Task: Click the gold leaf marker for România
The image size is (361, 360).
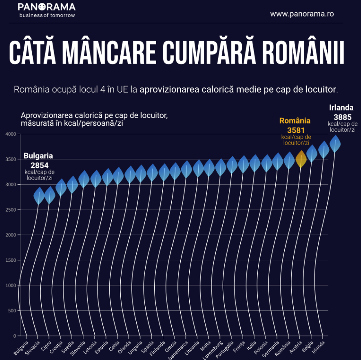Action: click(x=301, y=159)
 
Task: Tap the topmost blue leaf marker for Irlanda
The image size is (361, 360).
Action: click(x=335, y=144)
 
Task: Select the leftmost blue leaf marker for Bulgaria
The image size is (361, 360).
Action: click(x=39, y=196)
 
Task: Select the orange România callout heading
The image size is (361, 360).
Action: click(x=295, y=121)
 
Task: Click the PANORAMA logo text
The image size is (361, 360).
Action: click(x=47, y=7)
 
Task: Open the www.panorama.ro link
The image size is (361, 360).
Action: click(x=302, y=14)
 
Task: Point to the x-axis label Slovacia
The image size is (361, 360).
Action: click(x=33, y=346)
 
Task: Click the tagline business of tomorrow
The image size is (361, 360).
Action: click(x=47, y=15)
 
